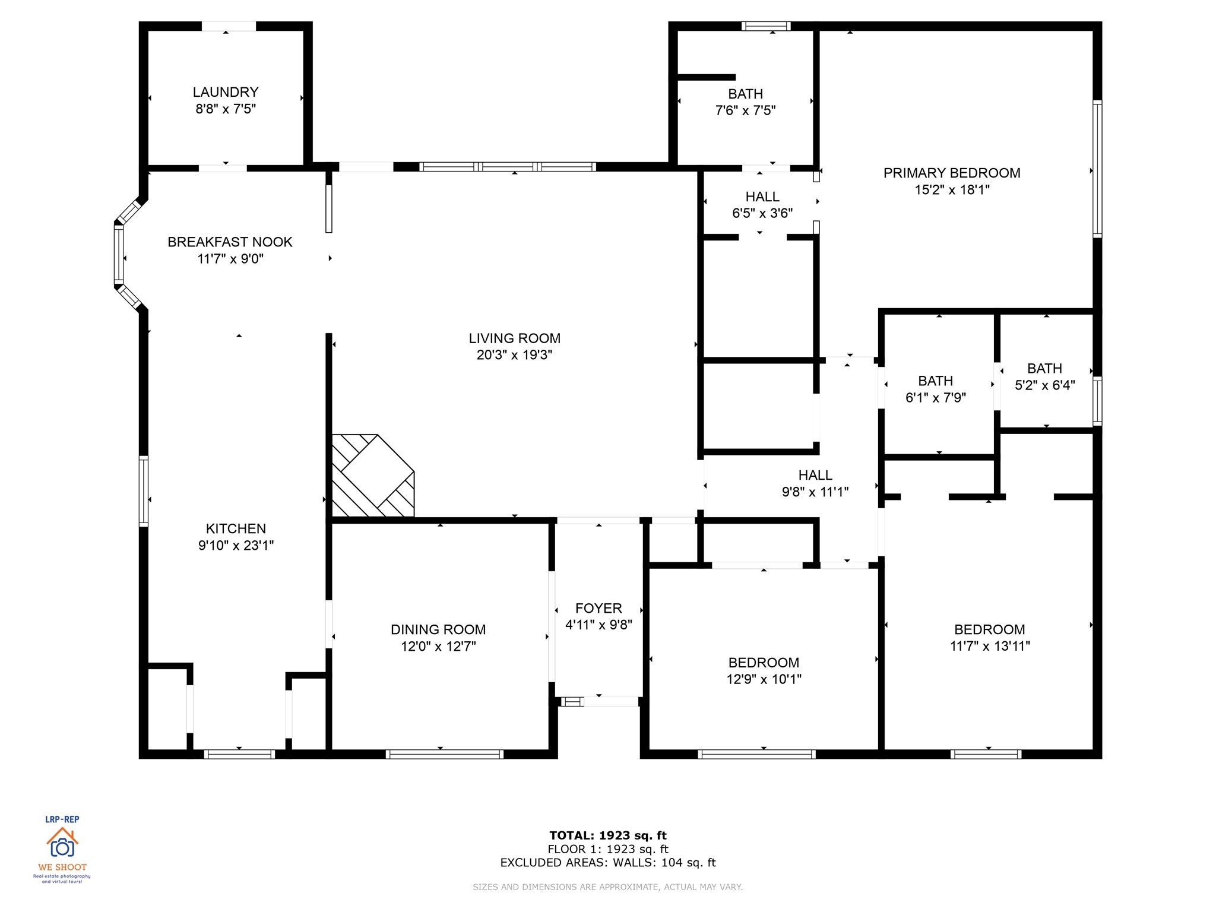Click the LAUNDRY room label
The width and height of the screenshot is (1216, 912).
tap(226, 92)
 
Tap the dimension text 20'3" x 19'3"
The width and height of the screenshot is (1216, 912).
tap(514, 355)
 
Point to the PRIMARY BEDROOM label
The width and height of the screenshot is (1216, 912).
tap(951, 173)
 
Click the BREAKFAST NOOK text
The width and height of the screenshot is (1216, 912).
tap(230, 242)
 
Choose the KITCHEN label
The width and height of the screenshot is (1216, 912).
tap(236, 528)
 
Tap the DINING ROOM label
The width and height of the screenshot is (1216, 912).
tap(438, 629)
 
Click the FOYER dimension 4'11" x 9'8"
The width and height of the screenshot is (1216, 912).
tap(598, 625)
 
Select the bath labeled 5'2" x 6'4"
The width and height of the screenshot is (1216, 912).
tap(1044, 377)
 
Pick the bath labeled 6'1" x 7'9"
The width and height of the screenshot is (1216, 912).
tap(935, 389)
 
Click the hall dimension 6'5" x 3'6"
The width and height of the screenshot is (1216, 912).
tap(762, 213)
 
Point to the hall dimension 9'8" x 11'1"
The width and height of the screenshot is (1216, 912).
tap(815, 492)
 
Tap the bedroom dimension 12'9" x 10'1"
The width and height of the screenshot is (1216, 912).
tap(764, 679)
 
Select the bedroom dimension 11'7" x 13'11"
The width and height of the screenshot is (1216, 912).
tap(989, 646)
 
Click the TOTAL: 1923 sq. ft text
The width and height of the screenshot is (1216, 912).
tap(608, 835)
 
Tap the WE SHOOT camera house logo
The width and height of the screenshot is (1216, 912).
tap(62, 843)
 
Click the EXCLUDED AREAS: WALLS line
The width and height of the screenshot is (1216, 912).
tap(608, 863)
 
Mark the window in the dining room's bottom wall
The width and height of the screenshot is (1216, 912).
tap(444, 754)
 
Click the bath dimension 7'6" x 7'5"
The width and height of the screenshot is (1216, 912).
tap(745, 110)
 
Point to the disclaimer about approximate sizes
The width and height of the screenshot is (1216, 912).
tap(608, 887)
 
